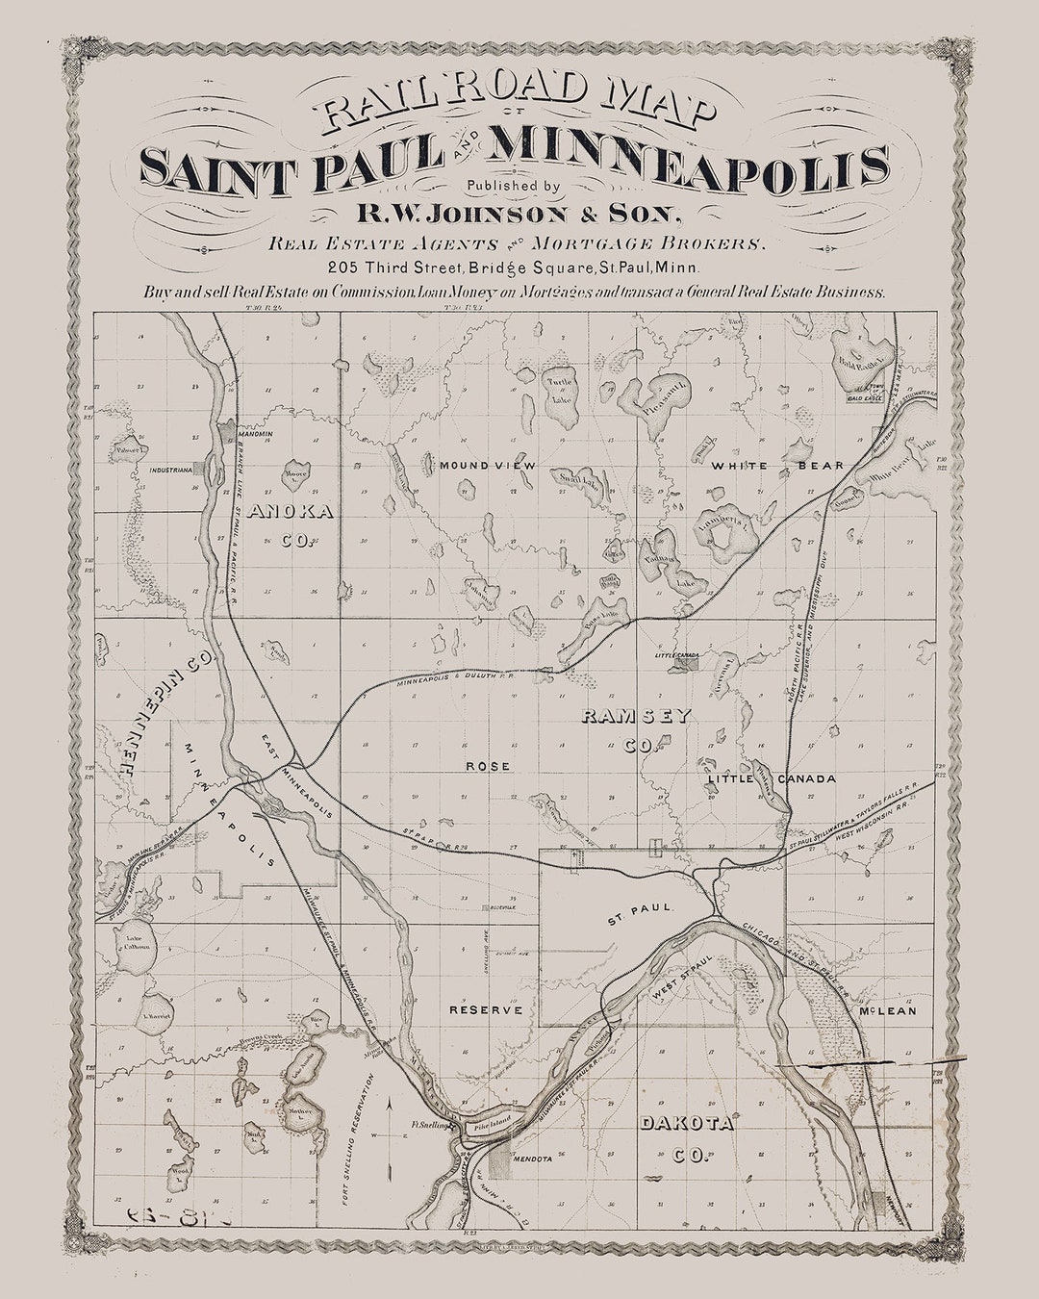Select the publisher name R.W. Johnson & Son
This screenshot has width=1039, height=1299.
(x=519, y=213)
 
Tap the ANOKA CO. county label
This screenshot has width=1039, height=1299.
(x=291, y=525)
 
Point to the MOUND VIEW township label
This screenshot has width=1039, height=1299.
(x=487, y=466)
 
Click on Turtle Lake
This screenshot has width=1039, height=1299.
(x=559, y=390)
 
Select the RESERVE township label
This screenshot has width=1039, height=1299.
(x=486, y=1010)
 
